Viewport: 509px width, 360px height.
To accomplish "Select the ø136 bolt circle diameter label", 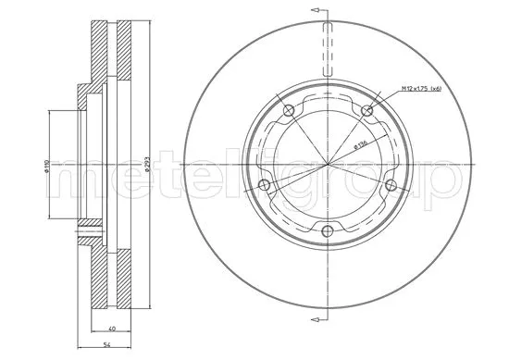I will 358,143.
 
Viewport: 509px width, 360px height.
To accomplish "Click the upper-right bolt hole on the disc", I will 368,112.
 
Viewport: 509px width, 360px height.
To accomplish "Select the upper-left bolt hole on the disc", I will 289,112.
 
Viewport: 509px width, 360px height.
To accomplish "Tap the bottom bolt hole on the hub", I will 329,231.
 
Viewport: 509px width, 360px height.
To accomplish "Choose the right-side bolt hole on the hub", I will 390,186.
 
